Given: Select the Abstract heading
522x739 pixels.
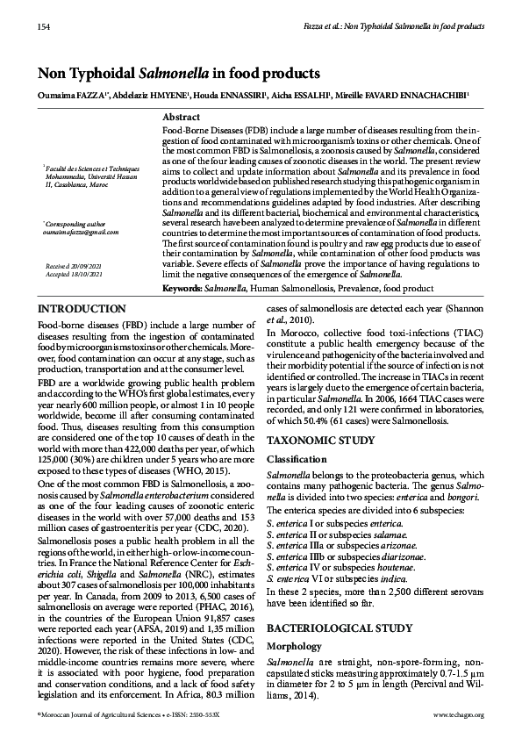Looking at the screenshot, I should tap(182, 117).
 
